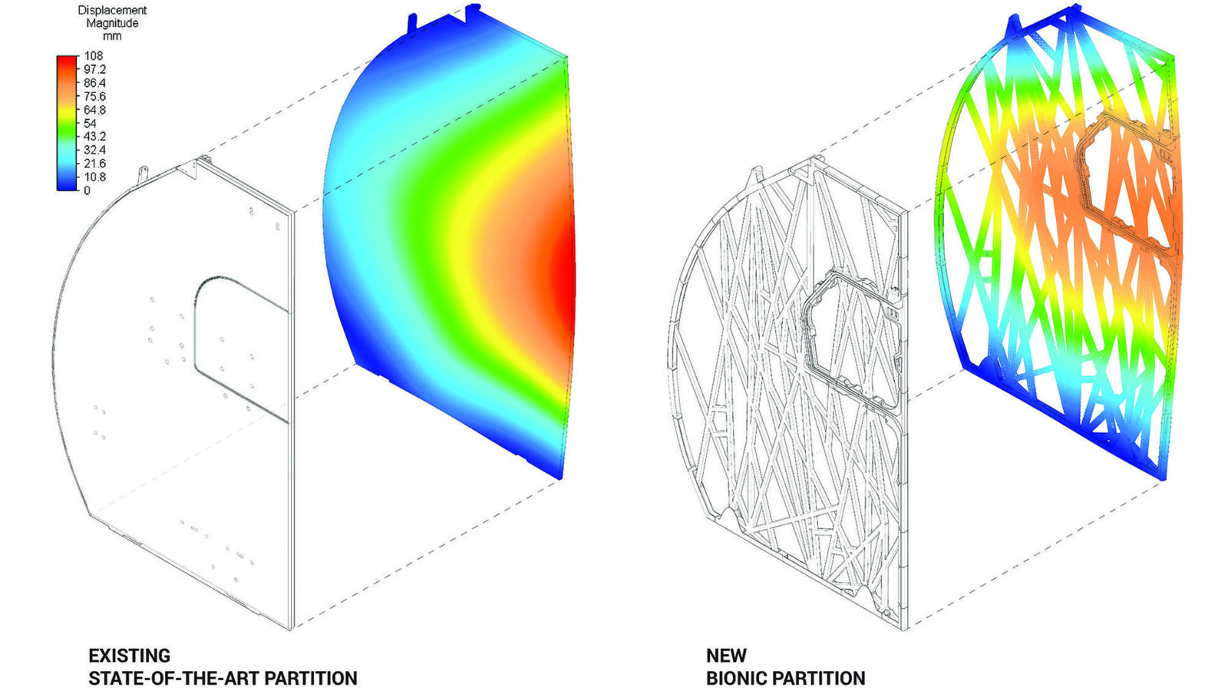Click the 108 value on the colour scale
pyautogui.click(x=93, y=56)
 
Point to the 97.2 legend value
pyautogui.click(x=95, y=70)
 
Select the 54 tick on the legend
pyautogui.click(x=90, y=124)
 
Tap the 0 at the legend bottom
pyautogui.click(x=87, y=191)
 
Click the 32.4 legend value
pyautogui.click(x=95, y=150)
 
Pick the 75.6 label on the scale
pyautogui.click(x=95, y=97)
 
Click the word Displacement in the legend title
pyautogui.click(x=112, y=11)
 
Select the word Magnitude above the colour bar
pyautogui.click(x=112, y=24)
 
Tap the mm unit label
pyautogui.click(x=112, y=37)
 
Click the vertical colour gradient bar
pyautogui.click(x=67, y=123)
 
